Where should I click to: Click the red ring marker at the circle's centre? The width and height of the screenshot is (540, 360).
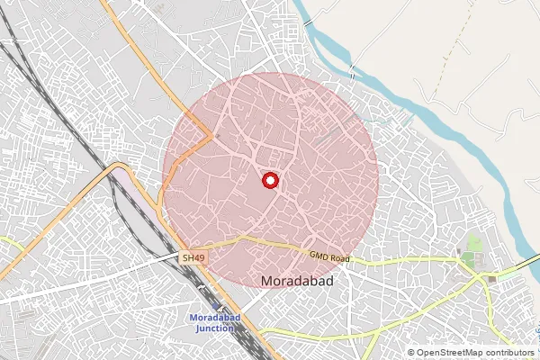click(269, 180)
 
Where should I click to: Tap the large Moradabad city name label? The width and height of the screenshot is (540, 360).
click(297, 282)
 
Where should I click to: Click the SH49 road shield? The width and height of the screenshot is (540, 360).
click(193, 258)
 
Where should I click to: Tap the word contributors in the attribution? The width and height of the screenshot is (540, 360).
click(506, 353)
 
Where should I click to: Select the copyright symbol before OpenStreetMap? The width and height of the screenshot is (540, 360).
click(411, 353)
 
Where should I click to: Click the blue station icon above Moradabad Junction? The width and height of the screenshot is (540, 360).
click(216, 308)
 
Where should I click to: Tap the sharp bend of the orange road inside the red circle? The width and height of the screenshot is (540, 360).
click(212, 137)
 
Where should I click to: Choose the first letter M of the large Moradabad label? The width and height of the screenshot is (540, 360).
click(265, 282)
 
